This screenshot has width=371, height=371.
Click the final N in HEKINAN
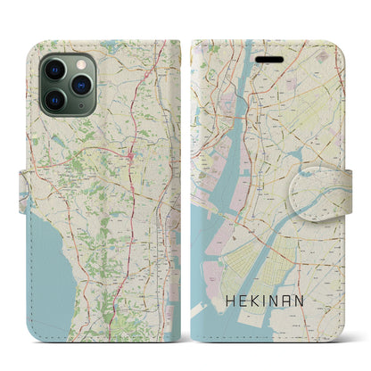click(311, 294)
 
